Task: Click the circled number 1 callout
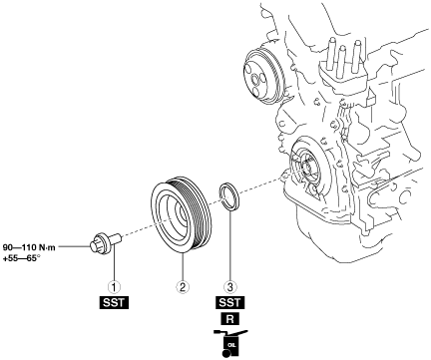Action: tap(114, 286)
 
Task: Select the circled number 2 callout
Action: tap(183, 286)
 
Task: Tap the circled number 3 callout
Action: tap(229, 286)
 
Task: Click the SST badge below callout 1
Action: tap(114, 303)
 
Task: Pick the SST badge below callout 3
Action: tap(229, 303)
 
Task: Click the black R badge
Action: tap(229, 319)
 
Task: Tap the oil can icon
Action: tap(229, 343)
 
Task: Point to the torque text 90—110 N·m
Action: tap(29, 247)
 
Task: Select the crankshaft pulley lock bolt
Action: tap(105, 243)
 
